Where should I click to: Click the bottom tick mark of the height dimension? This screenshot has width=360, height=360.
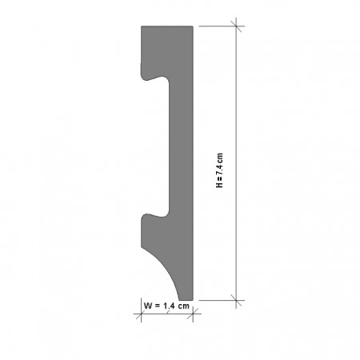237,301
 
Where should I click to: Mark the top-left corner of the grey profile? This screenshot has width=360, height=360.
142,26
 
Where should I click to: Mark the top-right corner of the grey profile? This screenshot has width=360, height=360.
193,26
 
